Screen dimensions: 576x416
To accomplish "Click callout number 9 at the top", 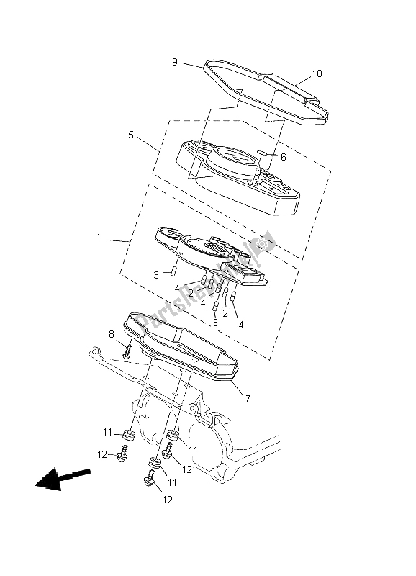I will [x=174, y=62].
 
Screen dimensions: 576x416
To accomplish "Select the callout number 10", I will [x=317, y=74].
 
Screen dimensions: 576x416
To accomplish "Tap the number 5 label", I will [x=131, y=134].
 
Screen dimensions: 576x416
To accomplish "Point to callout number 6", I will [x=283, y=156].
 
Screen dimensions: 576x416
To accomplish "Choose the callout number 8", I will [x=112, y=333].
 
